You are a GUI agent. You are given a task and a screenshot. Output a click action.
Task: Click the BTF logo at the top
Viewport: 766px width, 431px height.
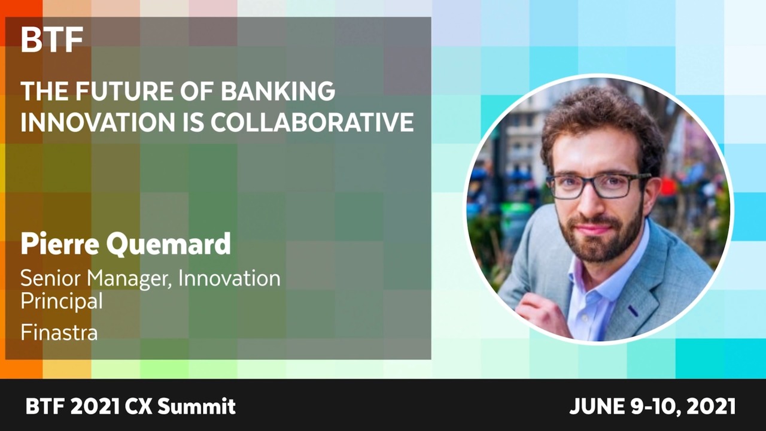click(52, 40)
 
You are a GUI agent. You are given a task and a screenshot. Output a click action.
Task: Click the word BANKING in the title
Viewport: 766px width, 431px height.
click(278, 91)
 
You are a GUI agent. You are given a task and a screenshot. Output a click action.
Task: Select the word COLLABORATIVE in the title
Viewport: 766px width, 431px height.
click(312, 122)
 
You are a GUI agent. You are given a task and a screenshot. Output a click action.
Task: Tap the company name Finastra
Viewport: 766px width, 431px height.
click(59, 332)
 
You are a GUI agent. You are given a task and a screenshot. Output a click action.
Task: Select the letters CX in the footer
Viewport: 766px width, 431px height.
click(138, 406)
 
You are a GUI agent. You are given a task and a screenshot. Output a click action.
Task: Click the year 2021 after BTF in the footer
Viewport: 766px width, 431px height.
click(96, 406)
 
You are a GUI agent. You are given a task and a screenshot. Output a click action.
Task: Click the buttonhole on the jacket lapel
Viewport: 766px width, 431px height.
click(633, 310)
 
